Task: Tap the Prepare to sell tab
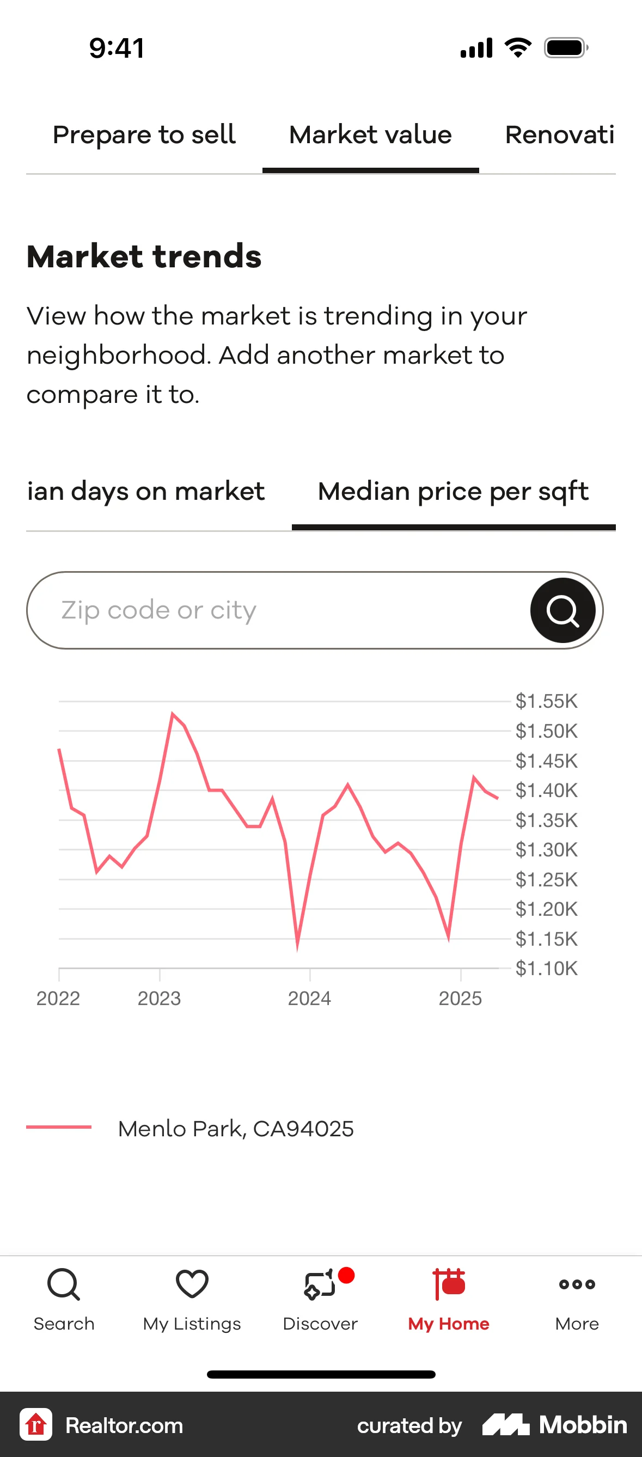coord(144,135)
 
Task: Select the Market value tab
coord(370,135)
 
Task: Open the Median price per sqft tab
coord(453,492)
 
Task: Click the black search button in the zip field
coord(562,610)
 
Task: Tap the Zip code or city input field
coord(277,610)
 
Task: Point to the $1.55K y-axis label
coord(546,701)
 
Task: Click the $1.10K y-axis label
coord(546,968)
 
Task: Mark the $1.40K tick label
coord(546,790)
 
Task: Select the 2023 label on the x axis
coord(159,999)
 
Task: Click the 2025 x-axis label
coord(460,999)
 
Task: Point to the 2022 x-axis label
coord(58,999)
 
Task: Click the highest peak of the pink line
coord(173,714)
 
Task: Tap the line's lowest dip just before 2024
coord(297,947)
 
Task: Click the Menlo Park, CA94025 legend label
coord(235,1128)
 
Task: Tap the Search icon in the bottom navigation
coord(64,1284)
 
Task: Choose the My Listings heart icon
coord(192,1283)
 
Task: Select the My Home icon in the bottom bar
coord(449,1284)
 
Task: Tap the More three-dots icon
coord(577,1284)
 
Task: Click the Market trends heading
coord(144,256)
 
